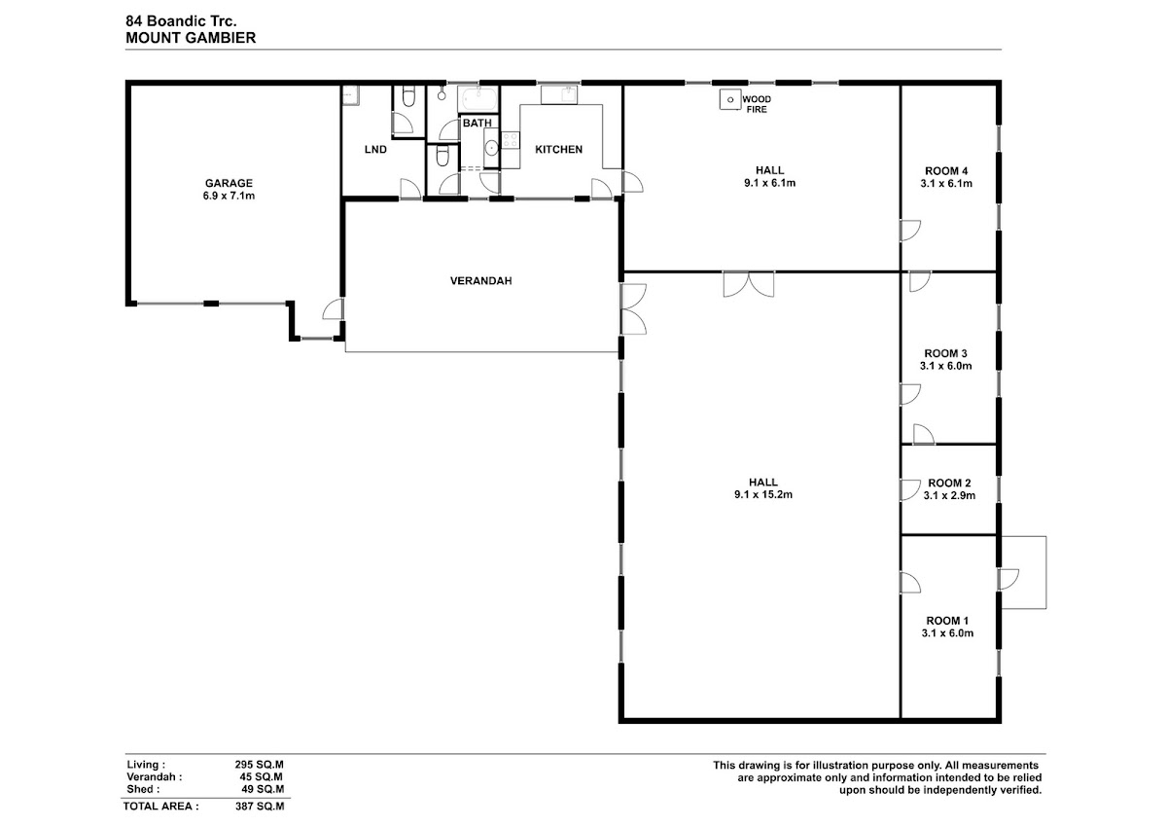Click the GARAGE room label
(229, 184)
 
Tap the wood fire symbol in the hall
(730, 99)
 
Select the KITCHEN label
(558, 150)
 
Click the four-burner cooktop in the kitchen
(510, 140)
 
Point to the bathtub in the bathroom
(478, 98)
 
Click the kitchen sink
(559, 95)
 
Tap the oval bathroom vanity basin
(491, 149)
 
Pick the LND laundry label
(375, 150)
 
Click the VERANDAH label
(480, 281)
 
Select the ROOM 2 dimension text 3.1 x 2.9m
(949, 495)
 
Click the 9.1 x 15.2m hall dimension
(763, 494)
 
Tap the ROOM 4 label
(946, 171)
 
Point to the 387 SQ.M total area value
(260, 807)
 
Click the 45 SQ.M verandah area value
(262, 777)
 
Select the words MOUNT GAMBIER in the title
(191, 38)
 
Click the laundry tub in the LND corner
(350, 95)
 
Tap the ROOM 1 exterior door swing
(1008, 580)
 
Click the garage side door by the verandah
(334, 309)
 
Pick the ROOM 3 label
(945, 353)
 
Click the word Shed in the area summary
(140, 789)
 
